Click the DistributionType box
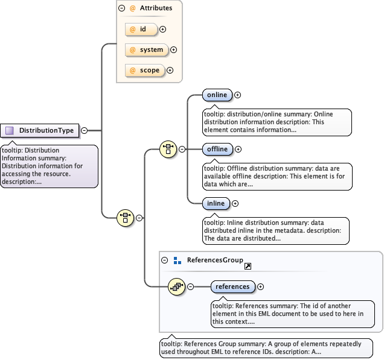pyautogui.click(x=40, y=130)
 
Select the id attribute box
pyautogui.click(x=141, y=29)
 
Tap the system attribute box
pyautogui.click(x=146, y=50)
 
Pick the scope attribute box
pyautogui.click(x=144, y=71)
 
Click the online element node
pyautogui.click(x=216, y=95)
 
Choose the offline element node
pyautogui.click(x=217, y=149)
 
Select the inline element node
pyautogui.click(x=216, y=204)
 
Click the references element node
pyautogui.click(x=232, y=286)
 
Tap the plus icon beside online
pyautogui.click(x=238, y=95)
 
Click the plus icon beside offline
pyautogui.click(x=238, y=149)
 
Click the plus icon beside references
pyautogui.click(x=261, y=287)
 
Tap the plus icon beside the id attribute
pyautogui.click(x=162, y=29)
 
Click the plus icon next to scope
pyautogui.click(x=170, y=71)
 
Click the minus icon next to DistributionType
pyautogui.click(x=84, y=130)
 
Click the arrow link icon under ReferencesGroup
pyautogui.click(x=248, y=267)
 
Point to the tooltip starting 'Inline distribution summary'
pyautogui.click(x=275, y=230)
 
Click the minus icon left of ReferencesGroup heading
pyautogui.click(x=165, y=261)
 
